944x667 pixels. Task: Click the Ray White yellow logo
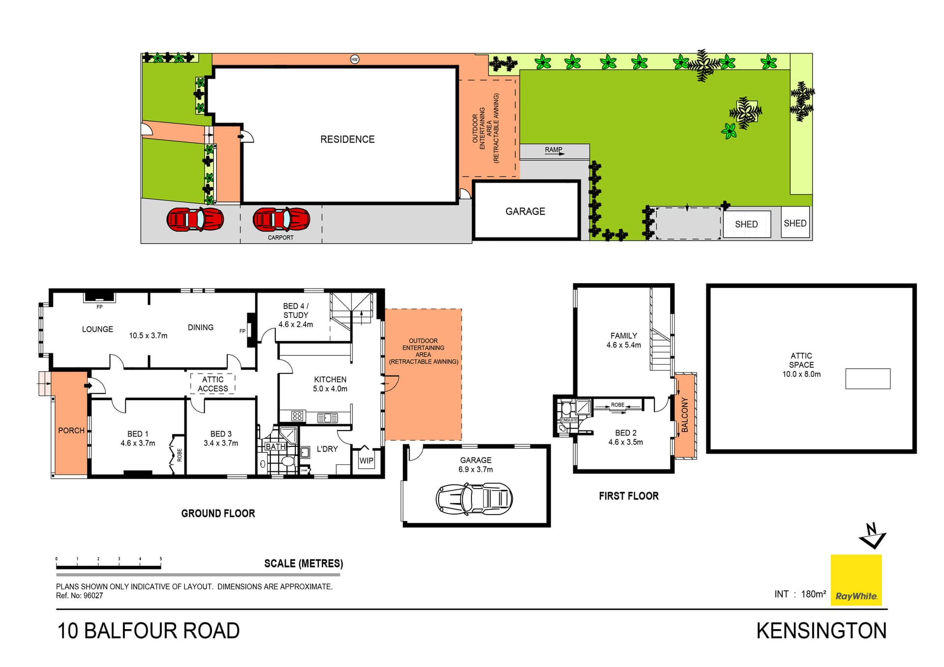pyautogui.click(x=855, y=580)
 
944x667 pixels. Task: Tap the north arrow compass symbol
pyautogui.click(x=872, y=536)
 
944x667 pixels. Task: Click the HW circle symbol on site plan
pyautogui.click(x=354, y=59)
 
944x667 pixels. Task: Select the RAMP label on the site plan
pyautogui.click(x=553, y=150)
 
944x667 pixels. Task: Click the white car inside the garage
pyautogui.click(x=474, y=498)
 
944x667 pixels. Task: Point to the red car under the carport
pyautogui.click(x=281, y=219)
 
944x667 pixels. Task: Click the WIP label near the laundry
pyautogui.click(x=366, y=461)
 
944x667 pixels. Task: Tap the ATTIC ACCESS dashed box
pyautogui.click(x=213, y=384)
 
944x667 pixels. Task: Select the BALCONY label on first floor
pyautogui.click(x=685, y=415)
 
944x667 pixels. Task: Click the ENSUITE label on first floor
pyautogui.click(x=569, y=420)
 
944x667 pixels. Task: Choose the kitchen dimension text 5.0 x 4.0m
pyautogui.click(x=330, y=389)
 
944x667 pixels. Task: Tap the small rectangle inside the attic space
pyautogui.click(x=868, y=378)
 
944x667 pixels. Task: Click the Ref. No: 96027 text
pyautogui.click(x=80, y=596)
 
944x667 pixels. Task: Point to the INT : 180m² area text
pyautogui.click(x=800, y=594)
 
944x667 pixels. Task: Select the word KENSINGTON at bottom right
pyautogui.click(x=821, y=631)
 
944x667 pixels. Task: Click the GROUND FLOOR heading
pyautogui.click(x=218, y=513)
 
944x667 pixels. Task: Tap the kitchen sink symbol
pyautogui.click(x=327, y=418)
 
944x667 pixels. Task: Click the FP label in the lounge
pyautogui.click(x=99, y=307)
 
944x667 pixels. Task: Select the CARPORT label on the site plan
pyautogui.click(x=280, y=237)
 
